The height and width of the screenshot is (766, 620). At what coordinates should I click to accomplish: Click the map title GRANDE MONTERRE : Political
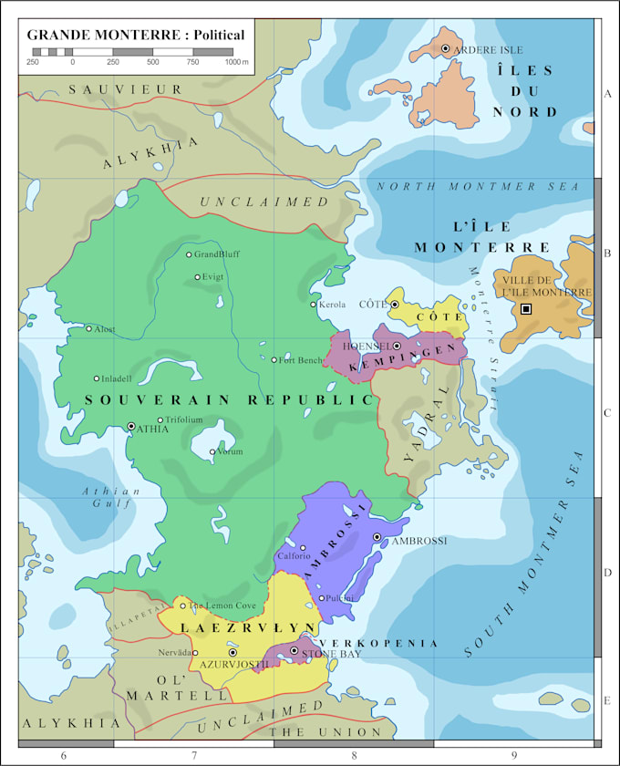tap(136, 35)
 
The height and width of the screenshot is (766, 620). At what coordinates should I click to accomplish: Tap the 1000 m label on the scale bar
tap(237, 62)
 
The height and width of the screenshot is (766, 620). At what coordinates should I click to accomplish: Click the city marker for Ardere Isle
tap(445, 48)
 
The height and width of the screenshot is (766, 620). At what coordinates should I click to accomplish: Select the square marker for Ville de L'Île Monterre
tap(526, 309)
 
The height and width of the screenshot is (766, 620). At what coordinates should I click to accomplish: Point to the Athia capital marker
tap(131, 426)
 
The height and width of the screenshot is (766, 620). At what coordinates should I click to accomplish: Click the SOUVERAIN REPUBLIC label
tap(229, 400)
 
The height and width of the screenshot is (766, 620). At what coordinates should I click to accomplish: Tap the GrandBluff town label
tap(217, 254)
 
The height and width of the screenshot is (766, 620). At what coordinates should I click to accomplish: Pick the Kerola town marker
tap(313, 305)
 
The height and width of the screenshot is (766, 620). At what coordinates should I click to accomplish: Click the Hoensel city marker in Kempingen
tap(398, 346)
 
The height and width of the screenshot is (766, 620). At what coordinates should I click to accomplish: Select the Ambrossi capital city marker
tap(377, 537)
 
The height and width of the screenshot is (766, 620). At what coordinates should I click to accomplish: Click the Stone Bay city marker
tap(294, 650)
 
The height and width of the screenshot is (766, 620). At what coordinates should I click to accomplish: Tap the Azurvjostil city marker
tap(232, 653)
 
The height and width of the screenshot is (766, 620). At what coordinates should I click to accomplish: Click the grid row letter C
tap(607, 413)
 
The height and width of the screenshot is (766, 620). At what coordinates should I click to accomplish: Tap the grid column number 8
tap(354, 756)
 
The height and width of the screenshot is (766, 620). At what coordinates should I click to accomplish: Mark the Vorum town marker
tap(212, 451)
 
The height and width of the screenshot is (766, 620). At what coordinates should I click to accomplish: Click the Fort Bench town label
tap(301, 360)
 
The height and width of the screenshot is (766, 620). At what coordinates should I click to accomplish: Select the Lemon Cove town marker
tap(182, 606)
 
